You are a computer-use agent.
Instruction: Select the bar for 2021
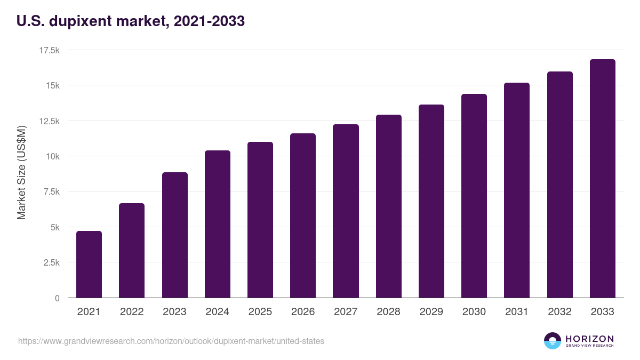[89, 265]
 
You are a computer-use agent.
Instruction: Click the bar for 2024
[218, 224]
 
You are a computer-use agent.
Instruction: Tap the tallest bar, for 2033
[602, 179]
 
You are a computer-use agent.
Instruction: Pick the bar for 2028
[388, 206]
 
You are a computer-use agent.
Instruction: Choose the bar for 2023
[174, 235]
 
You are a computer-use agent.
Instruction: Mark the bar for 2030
[474, 196]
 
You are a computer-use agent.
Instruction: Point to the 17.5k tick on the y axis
[49, 50]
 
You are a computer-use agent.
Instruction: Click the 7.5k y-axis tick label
[49, 191]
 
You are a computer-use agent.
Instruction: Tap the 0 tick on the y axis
[57, 298]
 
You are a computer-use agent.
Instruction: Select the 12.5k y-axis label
[47, 121]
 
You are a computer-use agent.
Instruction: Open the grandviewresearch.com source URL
[171, 340]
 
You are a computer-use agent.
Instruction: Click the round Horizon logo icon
[553, 341]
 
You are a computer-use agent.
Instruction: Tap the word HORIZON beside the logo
[589, 338]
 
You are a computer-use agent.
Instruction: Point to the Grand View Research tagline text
[589, 346]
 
